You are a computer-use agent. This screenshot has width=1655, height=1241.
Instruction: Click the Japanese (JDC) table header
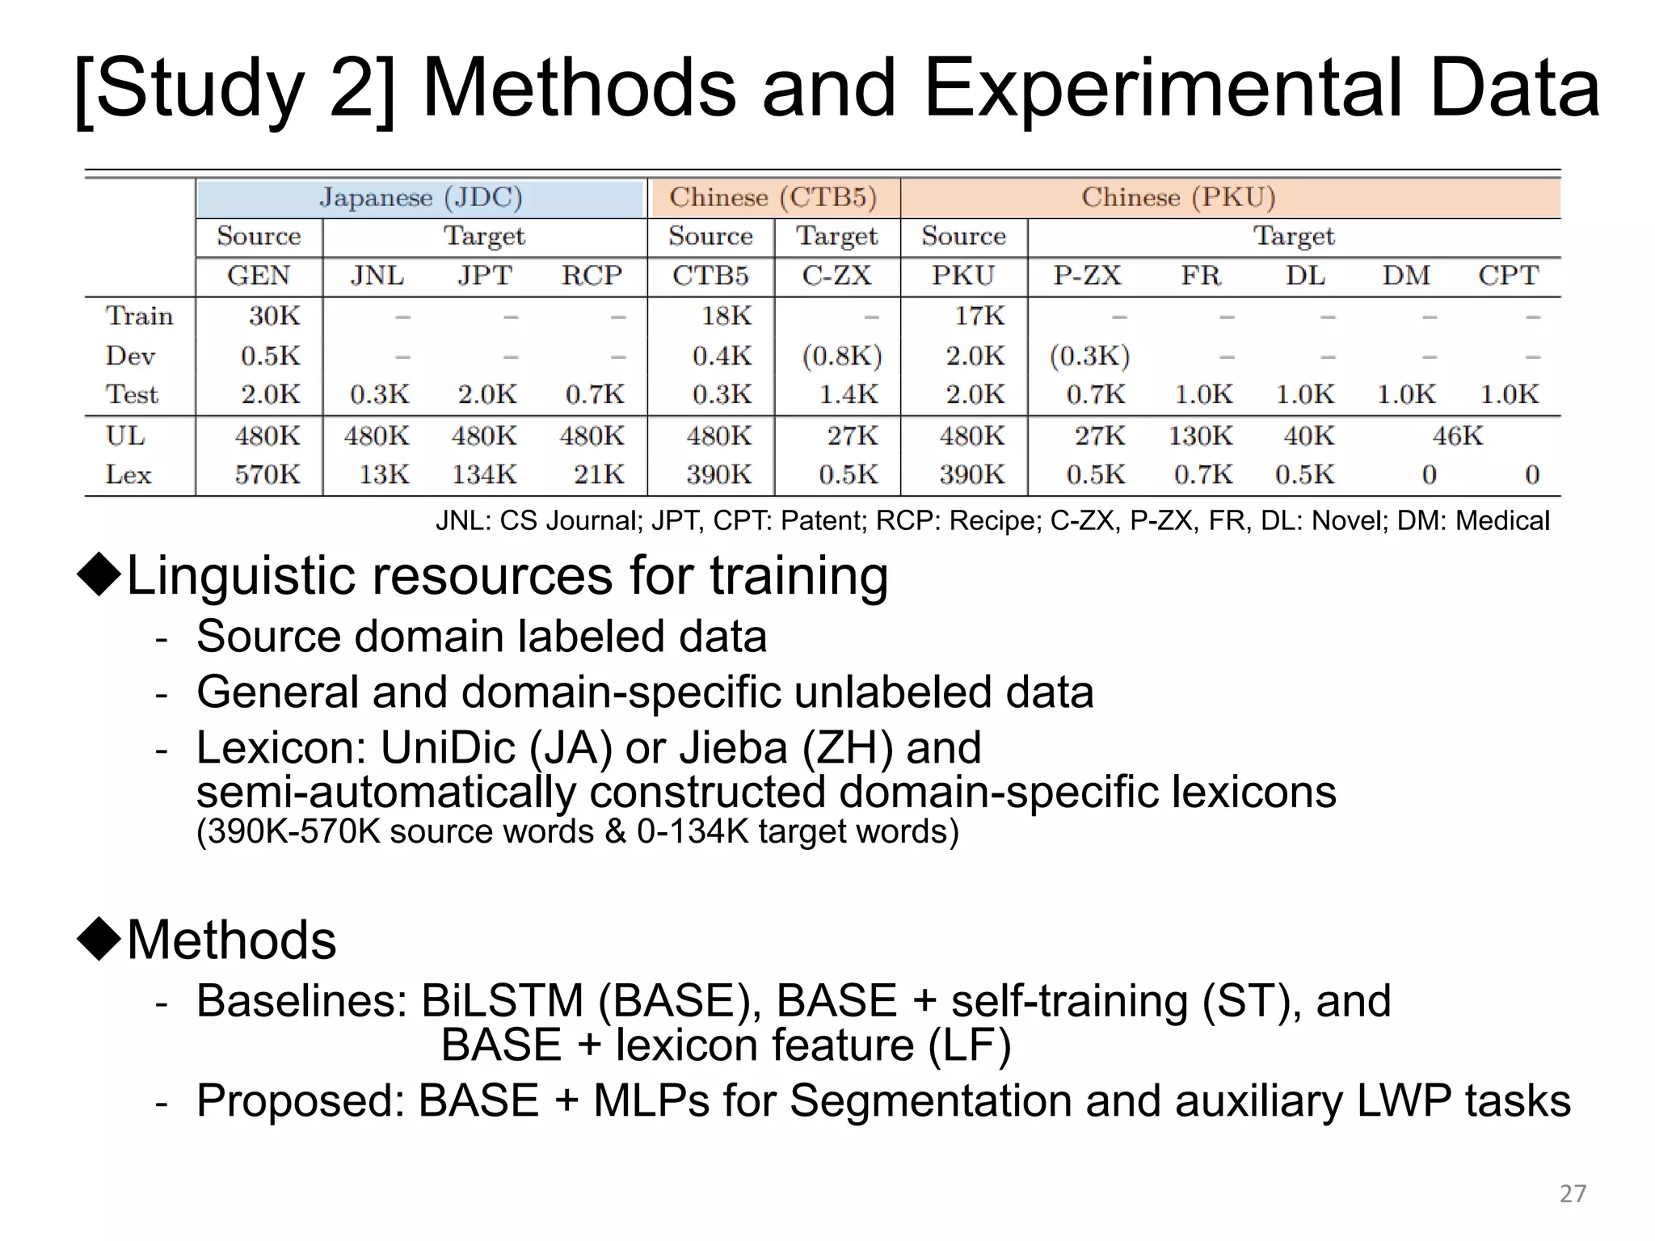pyautogui.click(x=420, y=198)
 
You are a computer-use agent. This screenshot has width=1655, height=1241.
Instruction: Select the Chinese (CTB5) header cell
pyautogui.click(x=773, y=198)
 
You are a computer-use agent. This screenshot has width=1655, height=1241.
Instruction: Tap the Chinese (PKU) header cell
pyautogui.click(x=1178, y=198)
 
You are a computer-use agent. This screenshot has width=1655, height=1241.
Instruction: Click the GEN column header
pyautogui.click(x=259, y=276)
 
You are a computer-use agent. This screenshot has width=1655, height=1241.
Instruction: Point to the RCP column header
pyautogui.click(x=592, y=276)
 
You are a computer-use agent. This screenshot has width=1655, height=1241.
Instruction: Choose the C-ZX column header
pyautogui.click(x=836, y=276)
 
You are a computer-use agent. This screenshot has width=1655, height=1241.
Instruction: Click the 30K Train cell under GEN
pyautogui.click(x=274, y=316)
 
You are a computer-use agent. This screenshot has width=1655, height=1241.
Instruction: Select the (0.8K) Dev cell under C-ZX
pyautogui.click(x=841, y=356)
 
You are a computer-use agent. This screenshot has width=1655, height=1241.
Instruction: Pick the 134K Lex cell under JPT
pyautogui.click(x=483, y=474)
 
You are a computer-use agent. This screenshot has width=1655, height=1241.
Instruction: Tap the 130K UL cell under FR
pyautogui.click(x=1200, y=436)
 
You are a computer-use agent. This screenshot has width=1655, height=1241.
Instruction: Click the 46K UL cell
pyautogui.click(x=1457, y=436)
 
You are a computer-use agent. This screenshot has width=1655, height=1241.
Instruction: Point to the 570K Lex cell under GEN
pyautogui.click(x=267, y=474)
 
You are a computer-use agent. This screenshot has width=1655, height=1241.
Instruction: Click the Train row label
pyautogui.click(x=139, y=316)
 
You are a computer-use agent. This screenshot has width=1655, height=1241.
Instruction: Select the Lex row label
pyautogui.click(x=128, y=474)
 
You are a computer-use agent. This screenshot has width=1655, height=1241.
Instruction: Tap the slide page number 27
pyautogui.click(x=1573, y=1193)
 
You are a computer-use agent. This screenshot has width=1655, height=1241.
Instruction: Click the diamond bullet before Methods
pyautogui.click(x=99, y=939)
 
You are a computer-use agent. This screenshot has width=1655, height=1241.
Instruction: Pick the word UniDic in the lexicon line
pyautogui.click(x=448, y=747)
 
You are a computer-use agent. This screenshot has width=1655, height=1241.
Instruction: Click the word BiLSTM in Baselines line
pyautogui.click(x=502, y=1001)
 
